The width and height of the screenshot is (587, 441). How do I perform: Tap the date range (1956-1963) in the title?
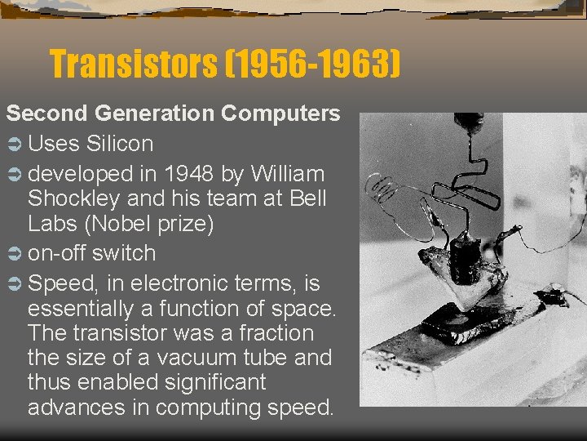pyautogui.click(x=314, y=64)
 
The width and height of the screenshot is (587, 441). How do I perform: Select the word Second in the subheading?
pyautogui.click(x=45, y=114)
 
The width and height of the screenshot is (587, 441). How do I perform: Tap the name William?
pyautogui.click(x=289, y=174)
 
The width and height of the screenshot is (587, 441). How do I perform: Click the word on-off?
pyautogui.click(x=56, y=253)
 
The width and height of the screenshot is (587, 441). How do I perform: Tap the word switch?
pyautogui.click(x=123, y=253)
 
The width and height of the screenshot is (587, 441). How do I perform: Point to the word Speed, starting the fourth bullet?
pyautogui.click(x=60, y=284)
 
